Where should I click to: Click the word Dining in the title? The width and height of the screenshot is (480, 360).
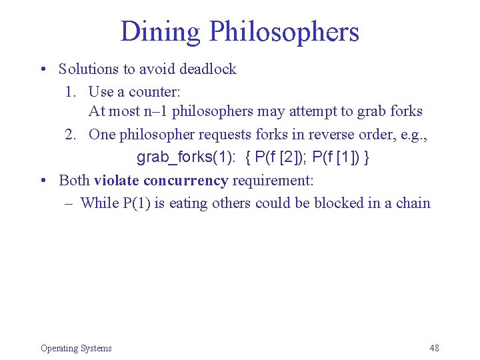click(160, 31)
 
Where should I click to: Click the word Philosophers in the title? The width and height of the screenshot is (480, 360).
click(284, 31)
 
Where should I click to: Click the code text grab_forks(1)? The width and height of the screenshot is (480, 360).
click(185, 157)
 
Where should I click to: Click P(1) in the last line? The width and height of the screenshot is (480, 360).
click(137, 203)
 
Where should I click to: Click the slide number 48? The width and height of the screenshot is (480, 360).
click(434, 348)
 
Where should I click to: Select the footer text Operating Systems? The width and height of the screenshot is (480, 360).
click(76, 348)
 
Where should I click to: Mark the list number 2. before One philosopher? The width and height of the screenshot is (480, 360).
click(71, 134)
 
